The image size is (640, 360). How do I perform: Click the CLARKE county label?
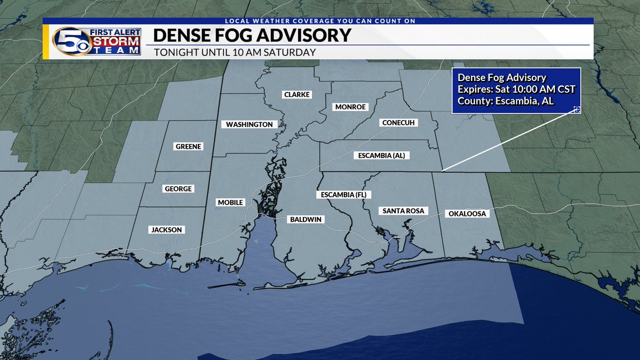[297, 94]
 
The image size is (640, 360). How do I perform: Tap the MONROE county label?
[350, 107]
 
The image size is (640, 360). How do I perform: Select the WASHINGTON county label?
[249, 124]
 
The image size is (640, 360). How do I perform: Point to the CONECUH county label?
[399, 123]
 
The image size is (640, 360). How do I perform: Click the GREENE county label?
[189, 146]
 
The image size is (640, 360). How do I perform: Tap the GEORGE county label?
[178, 189]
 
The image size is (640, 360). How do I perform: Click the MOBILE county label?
[230, 202]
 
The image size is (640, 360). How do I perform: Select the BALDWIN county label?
[307, 219]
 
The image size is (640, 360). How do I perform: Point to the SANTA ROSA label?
[403, 211]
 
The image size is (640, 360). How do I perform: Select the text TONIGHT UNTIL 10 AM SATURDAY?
[235, 52]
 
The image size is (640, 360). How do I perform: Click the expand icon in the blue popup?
[576, 109]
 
